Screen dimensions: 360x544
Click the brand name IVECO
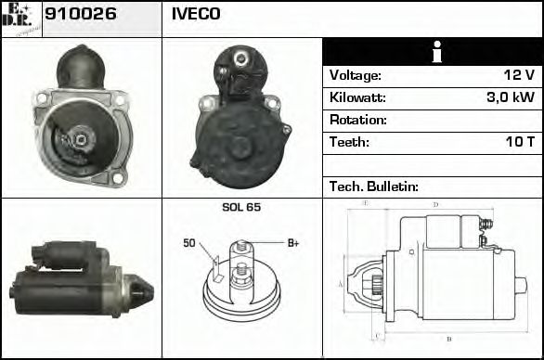point(196,15)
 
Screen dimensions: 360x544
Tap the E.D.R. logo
point(21,19)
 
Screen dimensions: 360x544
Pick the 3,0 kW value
point(511,97)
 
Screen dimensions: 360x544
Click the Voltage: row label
point(356,75)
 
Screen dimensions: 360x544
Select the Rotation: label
point(358,120)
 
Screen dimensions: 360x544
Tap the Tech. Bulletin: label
point(374,186)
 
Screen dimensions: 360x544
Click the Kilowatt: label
point(357,97)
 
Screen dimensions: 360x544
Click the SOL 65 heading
point(241,207)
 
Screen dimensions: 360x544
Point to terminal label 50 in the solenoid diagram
point(189,243)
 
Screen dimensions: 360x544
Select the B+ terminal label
point(292,243)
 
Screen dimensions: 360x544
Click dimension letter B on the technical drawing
point(449,338)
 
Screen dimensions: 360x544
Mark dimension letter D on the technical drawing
point(435,205)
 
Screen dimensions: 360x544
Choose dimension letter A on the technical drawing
point(341,284)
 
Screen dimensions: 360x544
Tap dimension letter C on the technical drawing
point(376,334)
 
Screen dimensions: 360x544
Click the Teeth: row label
point(349,142)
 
